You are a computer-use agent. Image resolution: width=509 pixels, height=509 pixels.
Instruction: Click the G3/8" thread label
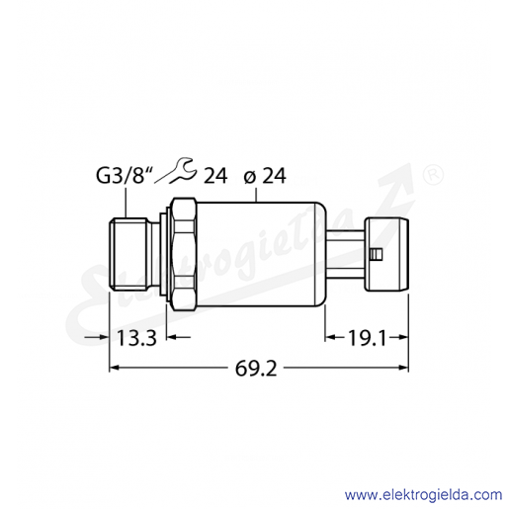(126, 176)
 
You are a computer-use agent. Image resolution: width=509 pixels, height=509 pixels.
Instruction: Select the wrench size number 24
(215, 176)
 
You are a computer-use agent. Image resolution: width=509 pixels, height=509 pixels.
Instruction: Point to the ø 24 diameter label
(265, 176)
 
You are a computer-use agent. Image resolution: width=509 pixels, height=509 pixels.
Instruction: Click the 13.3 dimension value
(136, 338)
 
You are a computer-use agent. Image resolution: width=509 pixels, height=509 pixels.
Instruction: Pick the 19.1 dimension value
(367, 338)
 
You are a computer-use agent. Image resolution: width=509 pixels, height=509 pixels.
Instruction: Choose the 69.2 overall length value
(256, 369)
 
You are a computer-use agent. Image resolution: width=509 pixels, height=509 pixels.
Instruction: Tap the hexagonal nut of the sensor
(185, 254)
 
